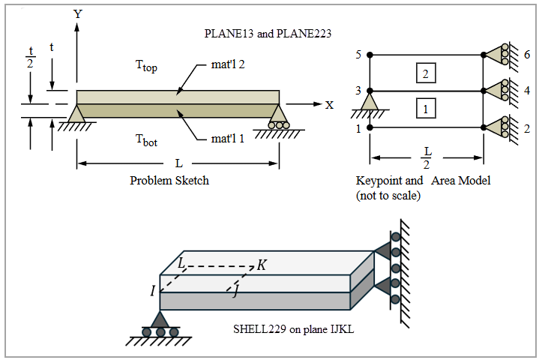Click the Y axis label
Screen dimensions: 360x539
tap(78, 13)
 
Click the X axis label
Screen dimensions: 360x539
tap(329, 104)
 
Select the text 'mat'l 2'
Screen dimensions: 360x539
tap(229, 64)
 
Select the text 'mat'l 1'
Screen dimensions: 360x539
tap(229, 139)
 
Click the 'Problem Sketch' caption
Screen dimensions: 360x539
tap(169, 181)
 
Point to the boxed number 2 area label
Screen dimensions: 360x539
tap(425, 73)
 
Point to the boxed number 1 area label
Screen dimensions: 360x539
tap(425, 109)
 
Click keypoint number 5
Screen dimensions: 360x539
tap(358, 55)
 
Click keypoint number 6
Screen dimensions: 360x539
tap(528, 55)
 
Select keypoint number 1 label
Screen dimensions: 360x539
tap(358, 128)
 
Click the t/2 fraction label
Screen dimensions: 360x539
tap(31, 58)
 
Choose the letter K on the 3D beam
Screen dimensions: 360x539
tap(261, 265)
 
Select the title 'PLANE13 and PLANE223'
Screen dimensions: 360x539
tap(268, 34)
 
